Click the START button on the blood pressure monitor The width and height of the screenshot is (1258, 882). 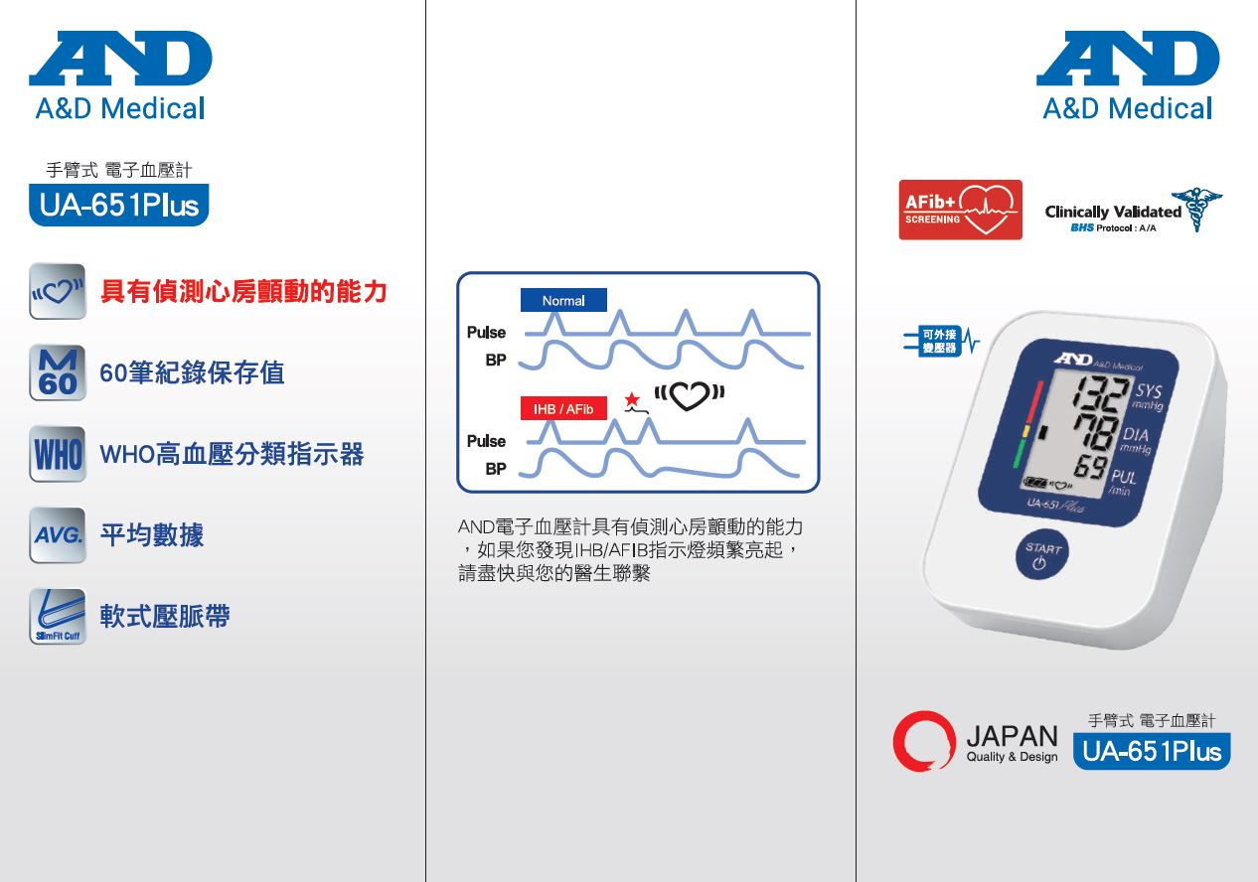point(1042,554)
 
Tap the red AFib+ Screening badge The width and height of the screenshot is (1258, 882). point(960,210)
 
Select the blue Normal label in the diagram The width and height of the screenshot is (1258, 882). point(563,300)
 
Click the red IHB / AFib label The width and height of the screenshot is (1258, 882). point(563,408)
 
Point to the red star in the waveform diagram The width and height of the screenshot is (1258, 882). point(632,399)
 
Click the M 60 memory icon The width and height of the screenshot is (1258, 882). point(58,372)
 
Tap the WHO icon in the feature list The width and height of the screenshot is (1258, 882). point(58,454)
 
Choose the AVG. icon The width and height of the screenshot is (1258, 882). point(58,535)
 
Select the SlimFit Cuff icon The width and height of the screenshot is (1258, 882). point(58,617)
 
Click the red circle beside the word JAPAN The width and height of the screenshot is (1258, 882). point(924,741)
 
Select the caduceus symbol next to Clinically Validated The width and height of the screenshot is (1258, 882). point(1196,209)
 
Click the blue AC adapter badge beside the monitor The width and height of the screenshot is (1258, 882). point(940,341)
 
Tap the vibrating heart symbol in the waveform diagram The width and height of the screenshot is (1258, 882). point(690,394)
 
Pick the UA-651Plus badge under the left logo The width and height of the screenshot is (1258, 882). point(119,205)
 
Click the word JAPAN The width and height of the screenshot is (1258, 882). point(1012,735)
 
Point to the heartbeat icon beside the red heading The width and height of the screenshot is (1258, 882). point(58,291)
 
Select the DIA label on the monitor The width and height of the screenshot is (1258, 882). point(1135,434)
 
